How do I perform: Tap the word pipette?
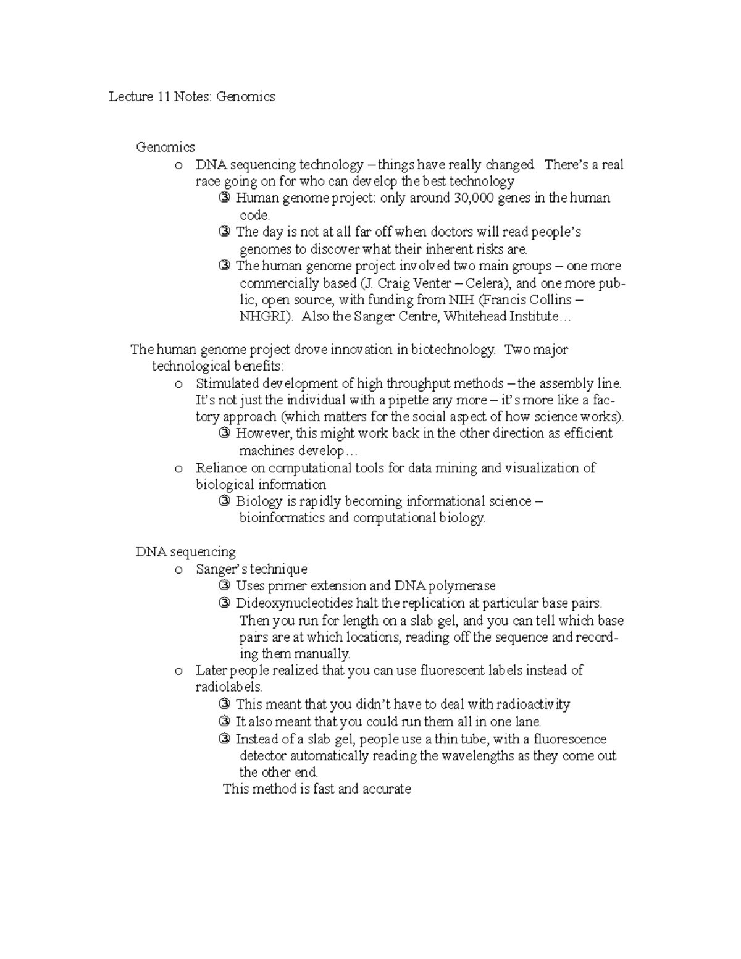pyautogui.click(x=408, y=400)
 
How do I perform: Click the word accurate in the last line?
pyautogui.click(x=387, y=789)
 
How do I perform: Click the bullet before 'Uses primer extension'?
pyautogui.click(x=225, y=586)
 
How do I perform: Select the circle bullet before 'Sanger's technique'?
pyautogui.click(x=178, y=570)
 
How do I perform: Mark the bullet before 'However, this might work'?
pyautogui.click(x=225, y=433)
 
